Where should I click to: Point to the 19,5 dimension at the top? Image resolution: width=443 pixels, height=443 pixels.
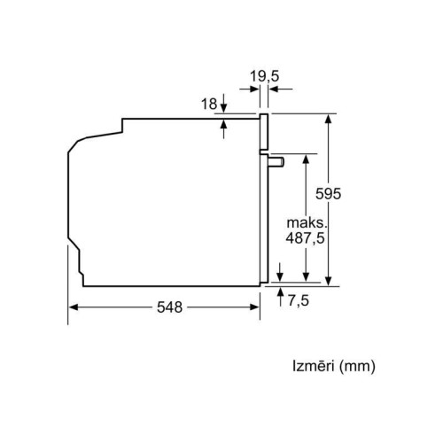[263, 78]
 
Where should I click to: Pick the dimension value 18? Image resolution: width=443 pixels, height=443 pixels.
[209, 105]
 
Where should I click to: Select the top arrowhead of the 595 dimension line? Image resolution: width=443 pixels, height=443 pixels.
[330, 118]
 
